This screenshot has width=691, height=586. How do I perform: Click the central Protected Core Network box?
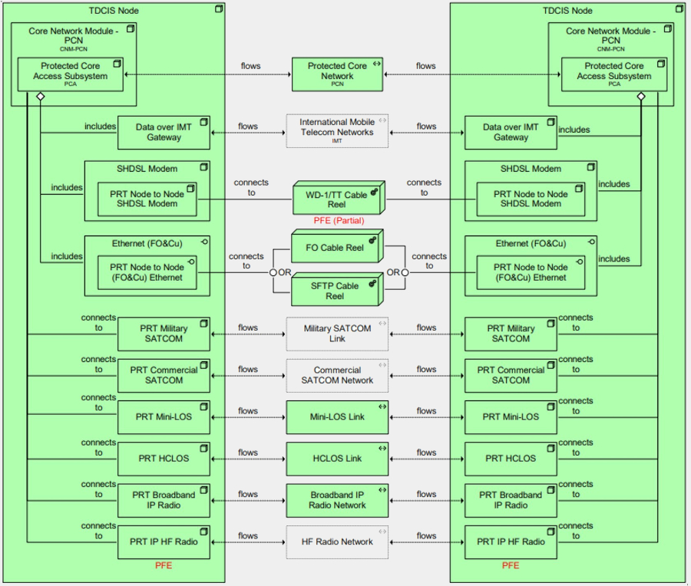pos(337,74)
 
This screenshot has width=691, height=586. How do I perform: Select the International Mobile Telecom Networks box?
pos(337,131)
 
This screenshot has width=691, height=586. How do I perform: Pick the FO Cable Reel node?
pos(336,248)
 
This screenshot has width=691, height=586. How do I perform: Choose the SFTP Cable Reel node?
pos(336,291)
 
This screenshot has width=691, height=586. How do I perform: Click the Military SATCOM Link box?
pos(337,334)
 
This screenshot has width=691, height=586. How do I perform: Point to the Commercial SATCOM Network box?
pos(337,375)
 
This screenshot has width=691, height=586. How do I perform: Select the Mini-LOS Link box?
pos(337,417)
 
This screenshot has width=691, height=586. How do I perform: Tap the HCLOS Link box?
pos(337,459)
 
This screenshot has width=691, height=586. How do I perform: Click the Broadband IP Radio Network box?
pos(337,500)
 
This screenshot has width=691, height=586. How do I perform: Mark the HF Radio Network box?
pos(337,542)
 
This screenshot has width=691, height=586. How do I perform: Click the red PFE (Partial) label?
pos(339,221)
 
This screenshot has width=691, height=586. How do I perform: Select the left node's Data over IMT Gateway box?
pos(163,132)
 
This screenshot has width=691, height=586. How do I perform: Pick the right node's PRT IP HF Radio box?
pos(511,542)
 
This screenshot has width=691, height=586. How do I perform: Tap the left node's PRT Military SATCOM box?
pos(163,334)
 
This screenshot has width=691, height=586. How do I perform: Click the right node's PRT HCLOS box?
pos(511,459)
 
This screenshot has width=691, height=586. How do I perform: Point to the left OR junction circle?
pos(273,272)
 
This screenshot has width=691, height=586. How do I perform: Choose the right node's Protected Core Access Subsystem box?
pos(613,74)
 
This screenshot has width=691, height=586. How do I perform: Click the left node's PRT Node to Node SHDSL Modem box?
pos(145,199)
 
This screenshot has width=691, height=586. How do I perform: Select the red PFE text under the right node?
pos(511,566)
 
